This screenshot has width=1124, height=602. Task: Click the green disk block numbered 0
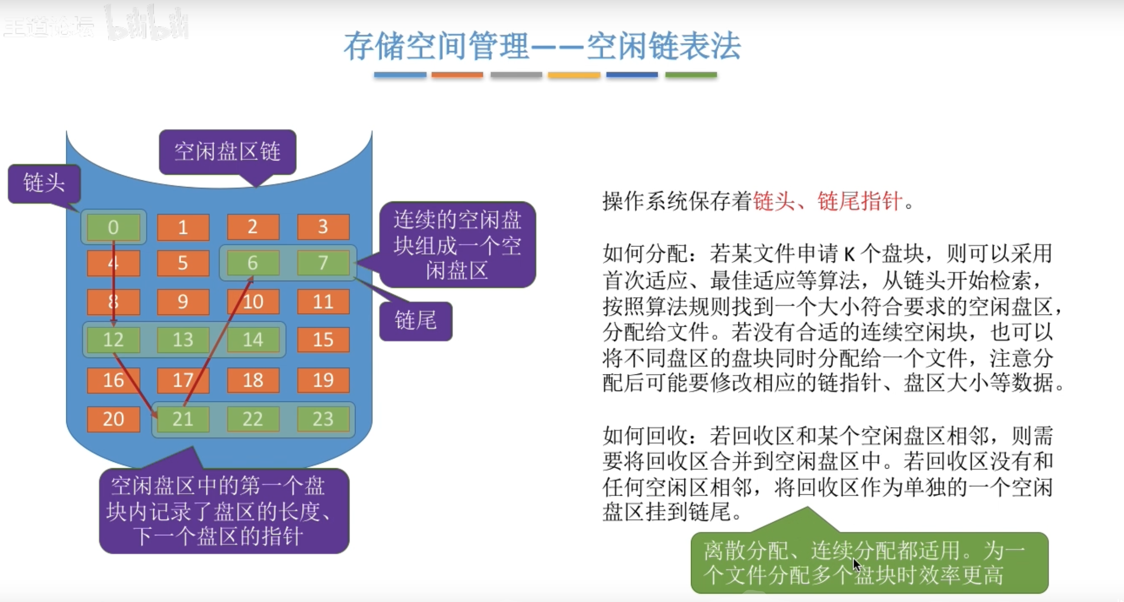(113, 227)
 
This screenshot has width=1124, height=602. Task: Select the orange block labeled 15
(323, 339)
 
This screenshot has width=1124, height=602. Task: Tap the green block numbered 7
(323, 263)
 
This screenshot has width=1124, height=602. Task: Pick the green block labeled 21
(182, 419)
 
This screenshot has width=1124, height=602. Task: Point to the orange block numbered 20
(113, 419)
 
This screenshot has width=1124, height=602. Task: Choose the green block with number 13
(182, 339)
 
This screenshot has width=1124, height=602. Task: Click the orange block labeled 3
(323, 227)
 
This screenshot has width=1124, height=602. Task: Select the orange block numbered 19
(323, 380)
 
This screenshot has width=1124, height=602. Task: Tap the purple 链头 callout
(44, 183)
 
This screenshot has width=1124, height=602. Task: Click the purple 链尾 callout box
(415, 320)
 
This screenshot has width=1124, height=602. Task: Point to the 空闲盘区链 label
(227, 151)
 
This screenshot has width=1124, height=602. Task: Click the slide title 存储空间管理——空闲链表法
(542, 46)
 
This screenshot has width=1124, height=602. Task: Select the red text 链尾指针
(860, 201)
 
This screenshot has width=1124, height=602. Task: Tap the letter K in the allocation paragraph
(849, 255)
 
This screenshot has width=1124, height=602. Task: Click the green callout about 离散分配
(869, 562)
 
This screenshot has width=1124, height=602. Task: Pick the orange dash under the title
(457, 75)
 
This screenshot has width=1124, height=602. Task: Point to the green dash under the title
(691, 75)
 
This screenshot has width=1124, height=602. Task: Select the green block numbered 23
(323, 419)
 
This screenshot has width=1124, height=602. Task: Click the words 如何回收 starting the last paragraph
(645, 436)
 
